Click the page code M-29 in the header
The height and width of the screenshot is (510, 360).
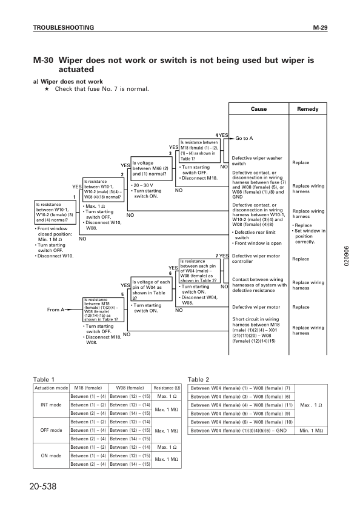click(x=320, y=28)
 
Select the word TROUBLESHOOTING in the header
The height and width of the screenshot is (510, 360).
click(x=63, y=28)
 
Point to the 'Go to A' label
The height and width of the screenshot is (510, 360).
click(x=244, y=138)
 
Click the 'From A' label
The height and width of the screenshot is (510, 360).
click(x=55, y=310)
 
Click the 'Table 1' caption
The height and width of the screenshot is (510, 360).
click(x=44, y=379)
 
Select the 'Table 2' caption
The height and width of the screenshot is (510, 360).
click(x=199, y=379)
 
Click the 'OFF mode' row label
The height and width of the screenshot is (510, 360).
click(x=51, y=430)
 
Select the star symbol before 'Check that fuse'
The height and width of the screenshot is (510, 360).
click(x=47, y=89)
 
